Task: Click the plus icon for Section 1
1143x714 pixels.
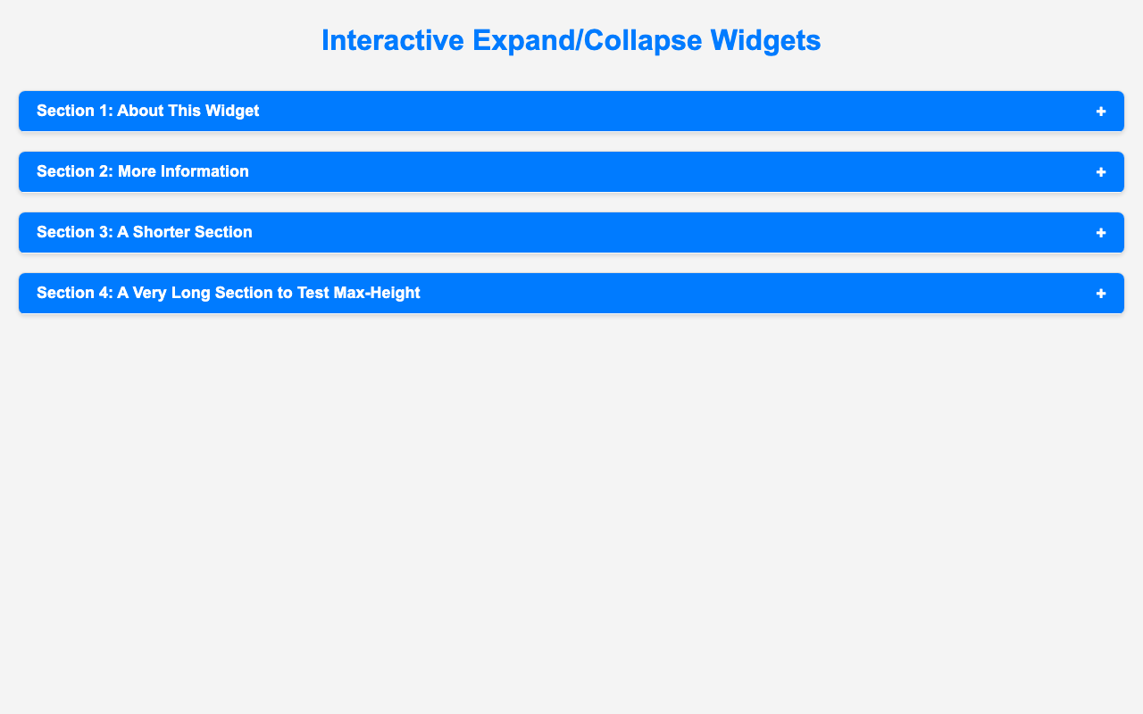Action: (x=1101, y=112)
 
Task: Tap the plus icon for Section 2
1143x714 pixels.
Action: (x=1101, y=172)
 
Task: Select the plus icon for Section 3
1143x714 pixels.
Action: (x=1101, y=233)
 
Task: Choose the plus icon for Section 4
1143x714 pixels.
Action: (x=1101, y=294)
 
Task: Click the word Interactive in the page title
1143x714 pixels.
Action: (x=393, y=40)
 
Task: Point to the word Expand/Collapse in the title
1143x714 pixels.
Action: (x=588, y=41)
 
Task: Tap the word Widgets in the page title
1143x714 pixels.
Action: (x=765, y=41)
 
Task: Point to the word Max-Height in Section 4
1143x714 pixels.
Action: (x=377, y=294)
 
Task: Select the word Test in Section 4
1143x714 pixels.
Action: (x=313, y=293)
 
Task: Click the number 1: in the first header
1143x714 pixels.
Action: (x=105, y=111)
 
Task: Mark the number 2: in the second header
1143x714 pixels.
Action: (x=106, y=171)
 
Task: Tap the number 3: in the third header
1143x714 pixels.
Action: (x=105, y=232)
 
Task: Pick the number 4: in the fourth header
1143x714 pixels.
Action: (x=105, y=293)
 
